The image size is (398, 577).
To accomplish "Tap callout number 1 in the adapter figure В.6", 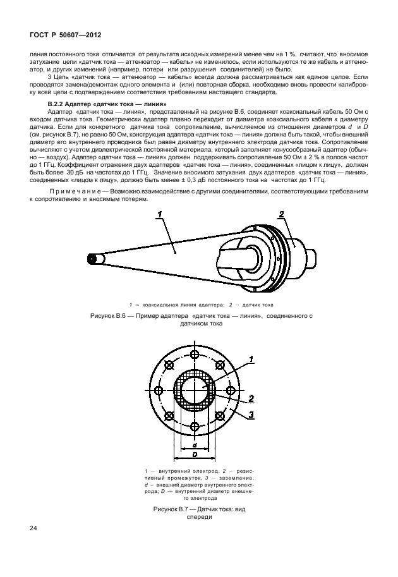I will pyautogui.click(x=160, y=215).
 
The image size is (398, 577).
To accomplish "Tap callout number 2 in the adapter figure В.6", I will pyautogui.click(x=282, y=215).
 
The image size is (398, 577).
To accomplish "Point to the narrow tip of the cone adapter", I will pyautogui.click(x=93, y=258).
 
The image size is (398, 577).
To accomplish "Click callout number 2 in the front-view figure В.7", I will pyautogui.click(x=251, y=398).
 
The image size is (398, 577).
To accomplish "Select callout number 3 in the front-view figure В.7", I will pyautogui.click(x=251, y=415).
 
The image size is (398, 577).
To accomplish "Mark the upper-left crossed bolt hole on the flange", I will pyautogui.click(x=169, y=364).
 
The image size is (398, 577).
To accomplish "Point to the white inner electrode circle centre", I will pyautogui.click(x=195, y=390).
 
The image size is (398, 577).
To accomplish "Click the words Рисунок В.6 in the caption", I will pyautogui.click(x=110, y=314).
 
